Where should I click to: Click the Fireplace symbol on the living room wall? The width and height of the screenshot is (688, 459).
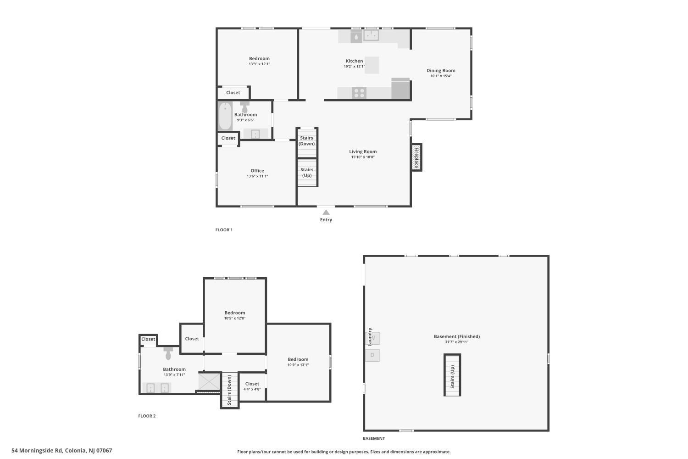416,157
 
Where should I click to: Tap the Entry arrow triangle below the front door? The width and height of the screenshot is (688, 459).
326,212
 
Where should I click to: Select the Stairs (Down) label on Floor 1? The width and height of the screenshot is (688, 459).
306,141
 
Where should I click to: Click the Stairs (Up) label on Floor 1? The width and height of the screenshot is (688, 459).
307,173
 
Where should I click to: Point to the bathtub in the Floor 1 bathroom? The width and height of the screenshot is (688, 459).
225,116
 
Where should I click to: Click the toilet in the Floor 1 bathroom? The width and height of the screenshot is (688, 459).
245,107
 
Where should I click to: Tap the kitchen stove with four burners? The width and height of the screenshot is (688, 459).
359,93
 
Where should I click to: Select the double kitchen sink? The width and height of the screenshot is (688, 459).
372,35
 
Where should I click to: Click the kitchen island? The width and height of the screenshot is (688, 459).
372,65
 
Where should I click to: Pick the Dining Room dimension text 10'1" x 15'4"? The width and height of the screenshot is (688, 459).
441,76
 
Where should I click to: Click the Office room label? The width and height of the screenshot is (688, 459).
257,171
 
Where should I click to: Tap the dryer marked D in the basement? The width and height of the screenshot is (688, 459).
372,355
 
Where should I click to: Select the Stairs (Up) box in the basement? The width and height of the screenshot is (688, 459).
452,375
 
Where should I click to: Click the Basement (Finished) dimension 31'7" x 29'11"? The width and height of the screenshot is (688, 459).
457,342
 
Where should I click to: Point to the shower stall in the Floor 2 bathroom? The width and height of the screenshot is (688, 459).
210,381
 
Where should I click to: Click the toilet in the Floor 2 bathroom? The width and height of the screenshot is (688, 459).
168,353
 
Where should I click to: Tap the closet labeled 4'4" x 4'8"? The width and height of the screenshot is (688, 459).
252,386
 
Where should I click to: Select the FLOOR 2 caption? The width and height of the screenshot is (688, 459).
147,416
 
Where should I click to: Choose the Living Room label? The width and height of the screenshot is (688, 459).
363,151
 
